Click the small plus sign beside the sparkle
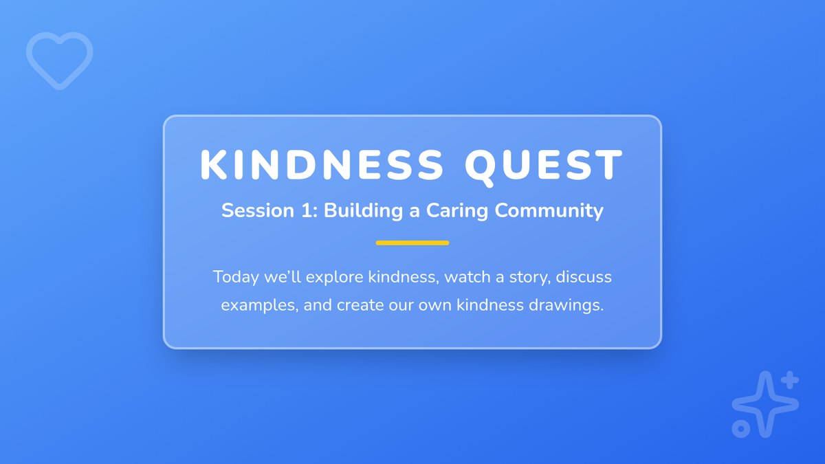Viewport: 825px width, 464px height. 790,380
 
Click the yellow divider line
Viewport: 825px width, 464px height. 412,243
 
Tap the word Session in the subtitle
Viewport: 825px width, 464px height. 258,210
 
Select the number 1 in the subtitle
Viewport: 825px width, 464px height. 307,210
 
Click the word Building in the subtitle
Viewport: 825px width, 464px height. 363,211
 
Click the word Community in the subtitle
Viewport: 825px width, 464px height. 549,211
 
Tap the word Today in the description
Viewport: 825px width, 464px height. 236,277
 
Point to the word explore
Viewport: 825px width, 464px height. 334,277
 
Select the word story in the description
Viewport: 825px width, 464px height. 530,278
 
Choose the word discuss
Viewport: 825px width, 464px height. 584,276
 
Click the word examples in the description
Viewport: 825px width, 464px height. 260,306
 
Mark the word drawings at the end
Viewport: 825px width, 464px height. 566,306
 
